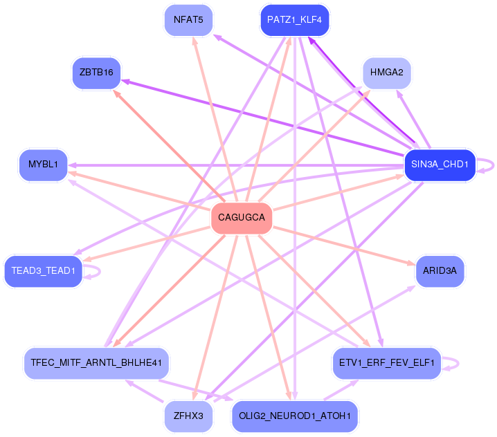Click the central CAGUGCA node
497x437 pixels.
241,218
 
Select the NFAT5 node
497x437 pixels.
188,19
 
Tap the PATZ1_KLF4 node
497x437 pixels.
294,19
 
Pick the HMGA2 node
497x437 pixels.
386,72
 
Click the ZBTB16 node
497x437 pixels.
96,73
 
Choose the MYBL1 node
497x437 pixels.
43,165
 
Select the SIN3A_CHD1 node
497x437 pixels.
440,165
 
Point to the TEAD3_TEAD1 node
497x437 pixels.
43,270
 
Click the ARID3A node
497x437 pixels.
440,270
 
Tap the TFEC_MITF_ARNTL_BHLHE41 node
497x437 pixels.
96,362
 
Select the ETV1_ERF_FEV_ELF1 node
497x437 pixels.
386,362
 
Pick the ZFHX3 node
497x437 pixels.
188,416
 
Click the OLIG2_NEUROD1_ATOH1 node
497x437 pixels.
294,416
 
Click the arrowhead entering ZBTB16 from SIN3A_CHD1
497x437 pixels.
126,81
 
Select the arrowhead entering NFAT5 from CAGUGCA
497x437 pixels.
195,41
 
